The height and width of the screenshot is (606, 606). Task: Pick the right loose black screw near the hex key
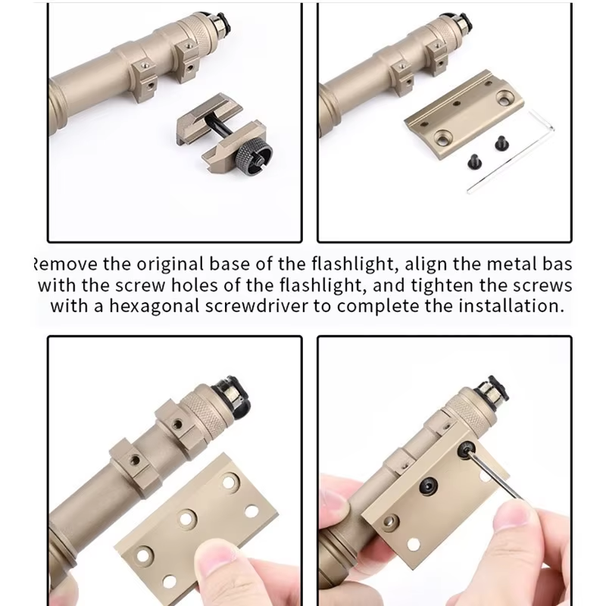501,141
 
